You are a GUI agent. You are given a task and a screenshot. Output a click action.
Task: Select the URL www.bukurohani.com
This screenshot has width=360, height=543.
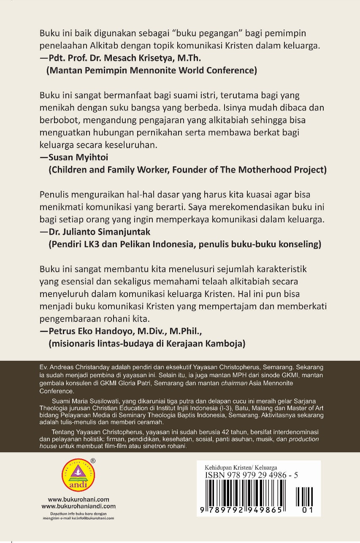[x=78, y=499]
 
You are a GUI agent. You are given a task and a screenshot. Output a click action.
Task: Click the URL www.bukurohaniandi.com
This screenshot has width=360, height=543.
[x=78, y=506]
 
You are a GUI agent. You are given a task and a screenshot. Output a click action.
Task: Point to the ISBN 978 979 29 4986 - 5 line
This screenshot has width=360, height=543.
[x=252, y=475]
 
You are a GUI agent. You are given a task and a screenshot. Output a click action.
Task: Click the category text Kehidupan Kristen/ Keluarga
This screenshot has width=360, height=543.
[x=241, y=467]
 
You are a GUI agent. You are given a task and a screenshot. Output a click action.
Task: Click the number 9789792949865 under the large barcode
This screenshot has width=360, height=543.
[x=242, y=510]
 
